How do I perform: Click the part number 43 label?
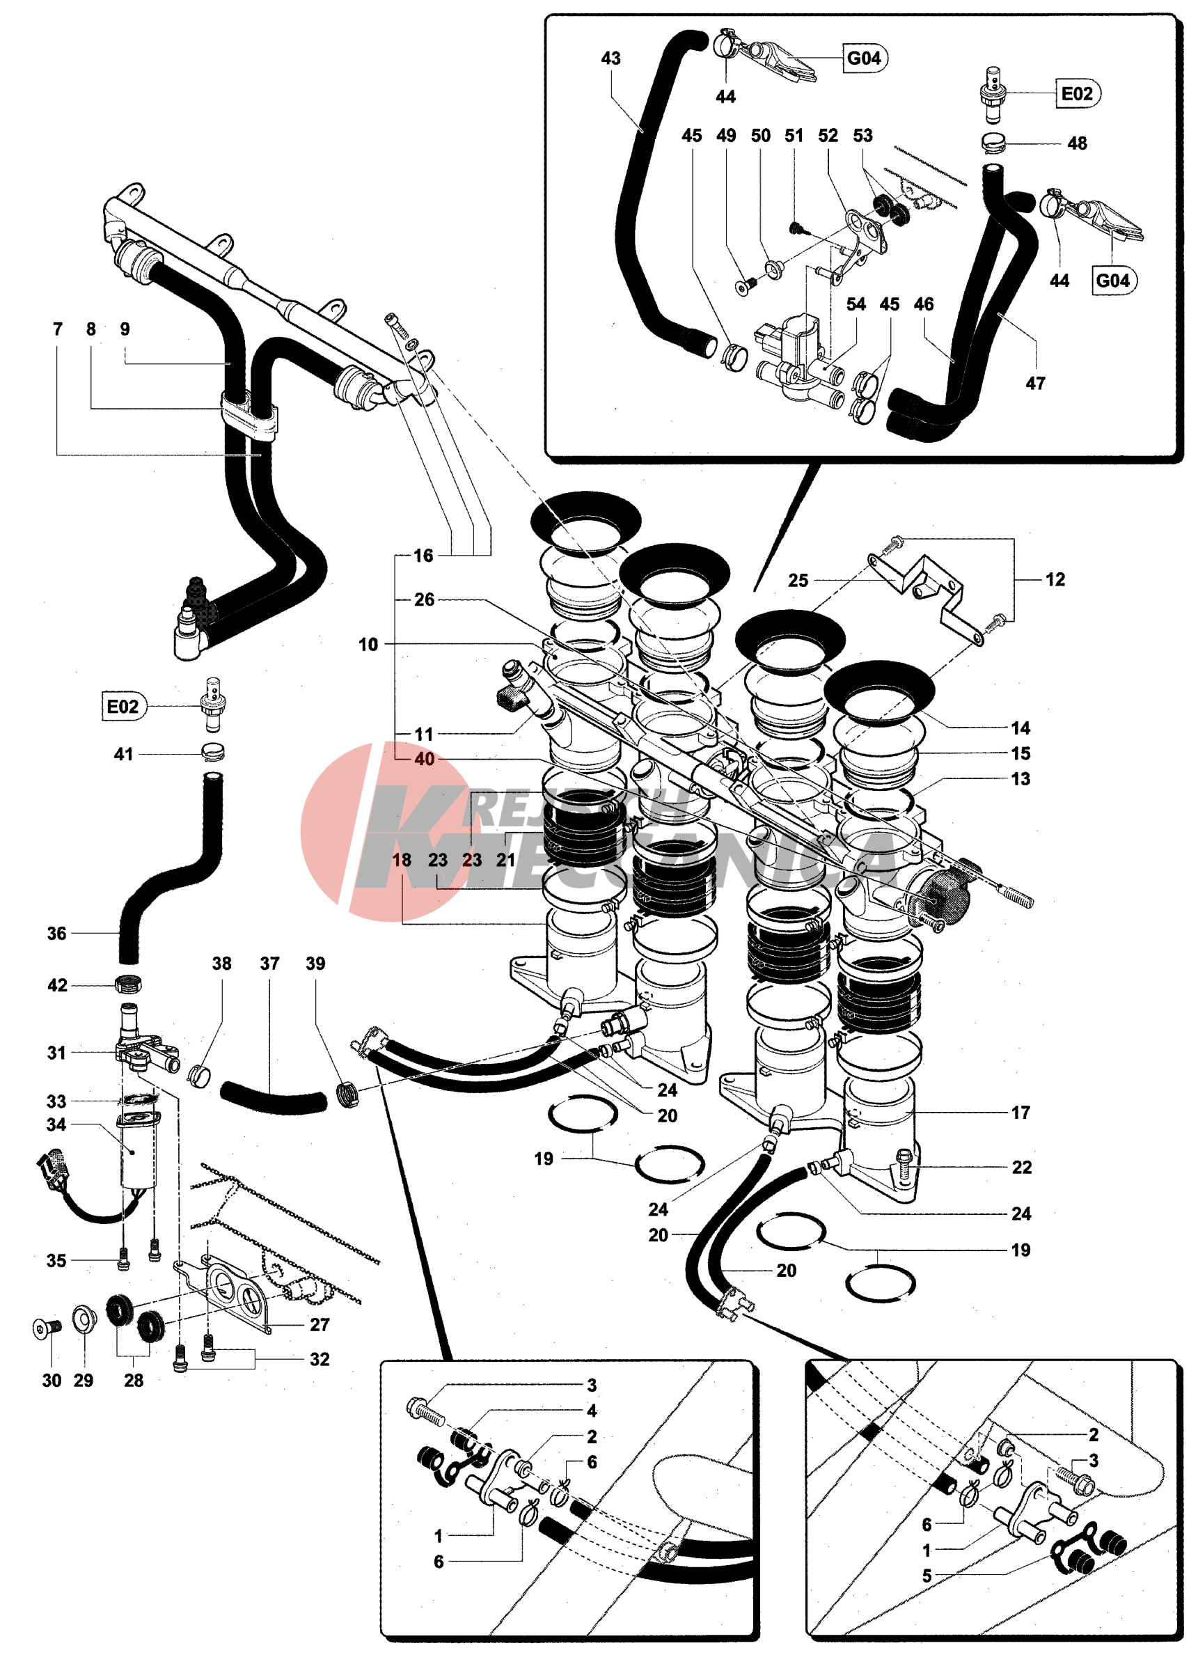point(610,58)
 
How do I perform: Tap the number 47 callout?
point(1035,383)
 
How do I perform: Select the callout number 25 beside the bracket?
point(798,581)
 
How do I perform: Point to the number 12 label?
point(1055,579)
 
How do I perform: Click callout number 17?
point(1020,1113)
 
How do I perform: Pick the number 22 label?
point(1022,1168)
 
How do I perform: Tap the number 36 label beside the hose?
point(56,933)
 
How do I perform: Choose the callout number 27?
point(319,1324)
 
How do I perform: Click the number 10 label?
point(368,644)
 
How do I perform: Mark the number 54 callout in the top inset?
point(856,304)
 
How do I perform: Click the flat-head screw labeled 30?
point(42,1328)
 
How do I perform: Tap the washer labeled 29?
point(83,1321)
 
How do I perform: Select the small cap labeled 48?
point(993,141)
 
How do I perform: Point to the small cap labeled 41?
point(213,752)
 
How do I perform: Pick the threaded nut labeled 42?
point(128,984)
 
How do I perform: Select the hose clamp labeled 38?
point(198,1076)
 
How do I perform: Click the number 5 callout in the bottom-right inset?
point(927,1576)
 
